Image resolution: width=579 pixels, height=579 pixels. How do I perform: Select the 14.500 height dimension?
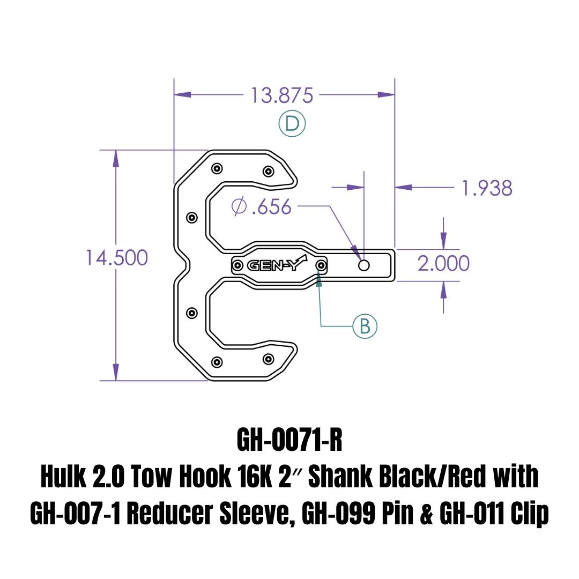pyautogui.click(x=116, y=258)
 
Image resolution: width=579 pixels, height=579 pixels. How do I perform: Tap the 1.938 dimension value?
pyautogui.click(x=486, y=188)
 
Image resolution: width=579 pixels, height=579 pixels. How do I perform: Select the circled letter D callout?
pyautogui.click(x=292, y=124)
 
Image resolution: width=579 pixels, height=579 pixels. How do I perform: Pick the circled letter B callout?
pyautogui.click(x=365, y=326)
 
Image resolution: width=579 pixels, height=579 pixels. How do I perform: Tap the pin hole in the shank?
pyautogui.click(x=364, y=265)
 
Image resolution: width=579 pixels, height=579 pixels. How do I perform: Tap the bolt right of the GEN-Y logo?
pyautogui.click(x=321, y=265)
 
